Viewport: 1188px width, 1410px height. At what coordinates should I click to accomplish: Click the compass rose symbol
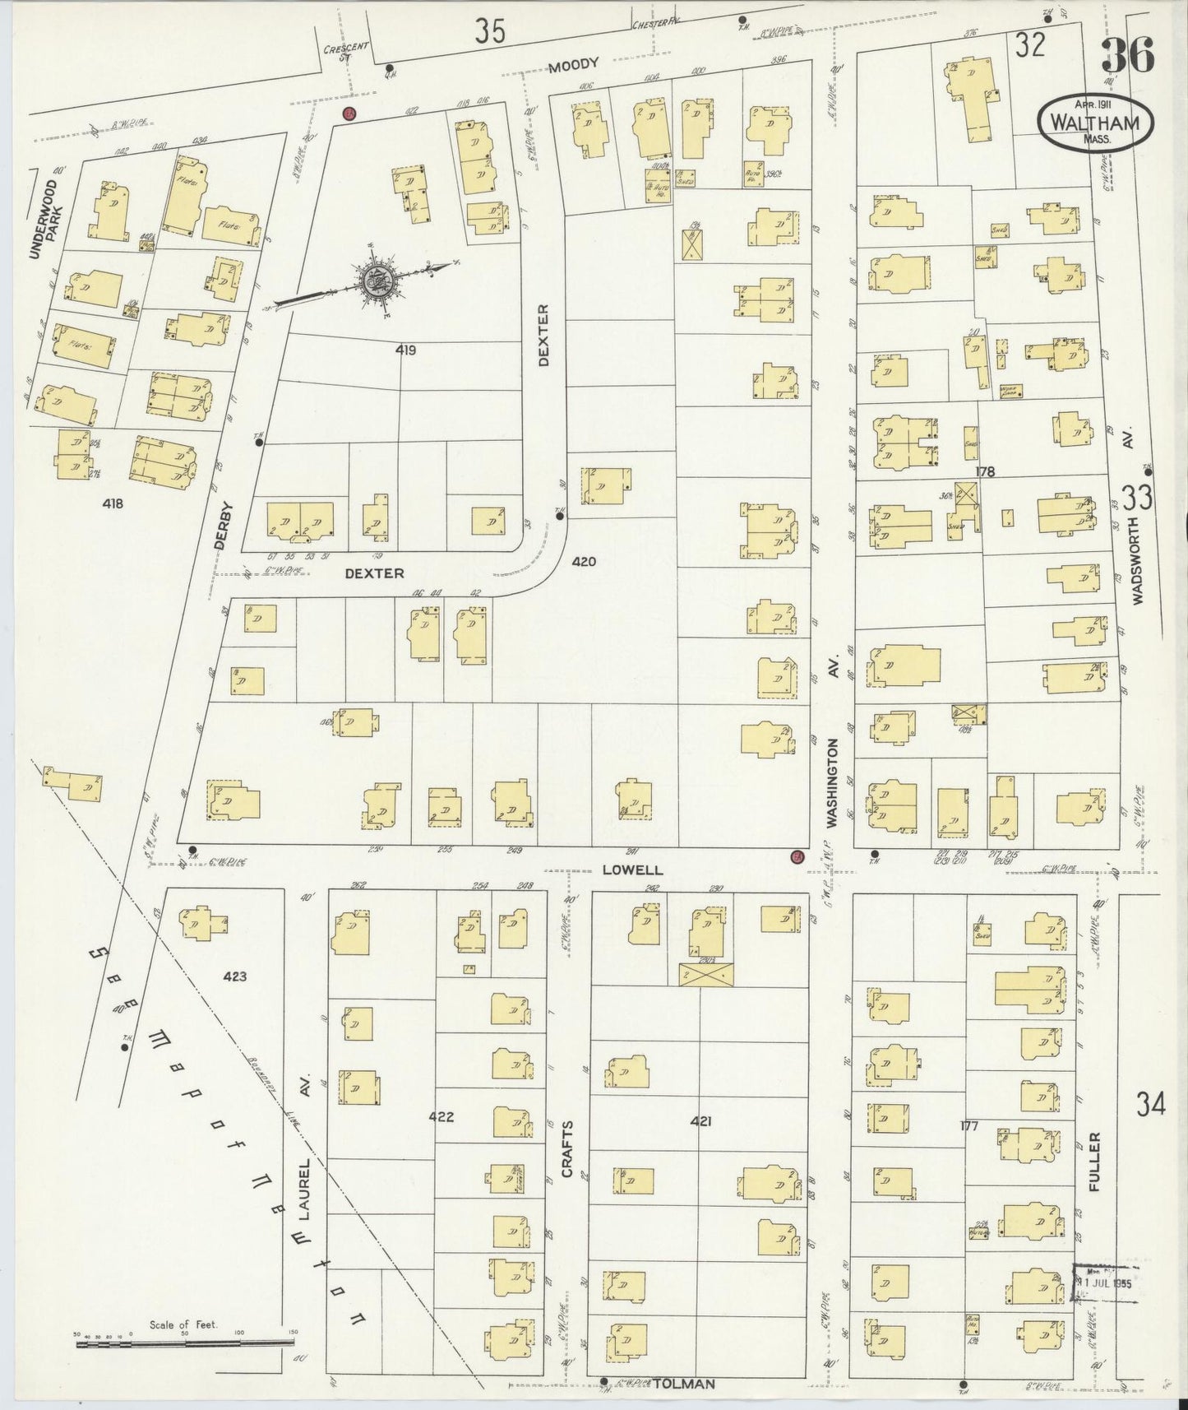(381, 281)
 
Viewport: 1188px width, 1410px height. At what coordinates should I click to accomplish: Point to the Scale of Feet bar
(185, 1344)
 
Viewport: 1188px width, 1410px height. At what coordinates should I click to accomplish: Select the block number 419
(405, 350)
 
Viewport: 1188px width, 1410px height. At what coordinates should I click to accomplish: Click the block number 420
(584, 562)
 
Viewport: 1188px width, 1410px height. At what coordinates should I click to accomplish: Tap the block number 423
(234, 976)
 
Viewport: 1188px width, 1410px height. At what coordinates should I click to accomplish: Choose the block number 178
(984, 471)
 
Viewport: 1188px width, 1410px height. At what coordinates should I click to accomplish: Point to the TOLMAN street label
(684, 1384)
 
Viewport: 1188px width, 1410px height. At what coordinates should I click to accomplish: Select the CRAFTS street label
(567, 1148)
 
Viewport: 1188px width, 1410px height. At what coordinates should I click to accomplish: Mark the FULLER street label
(1093, 1163)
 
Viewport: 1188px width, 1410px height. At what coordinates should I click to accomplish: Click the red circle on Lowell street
(796, 857)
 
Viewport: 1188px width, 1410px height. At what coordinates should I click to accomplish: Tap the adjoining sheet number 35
(490, 30)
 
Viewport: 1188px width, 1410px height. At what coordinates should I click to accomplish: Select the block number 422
(441, 1116)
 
